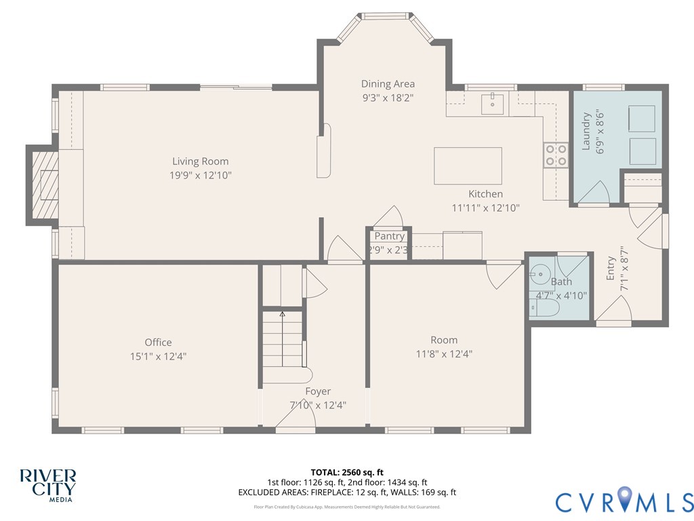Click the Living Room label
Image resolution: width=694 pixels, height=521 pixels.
(200, 161)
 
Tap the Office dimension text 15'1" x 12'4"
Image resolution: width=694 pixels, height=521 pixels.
(158, 355)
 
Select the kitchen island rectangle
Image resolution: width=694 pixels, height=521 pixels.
(468, 166)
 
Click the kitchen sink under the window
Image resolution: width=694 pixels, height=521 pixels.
(493, 104)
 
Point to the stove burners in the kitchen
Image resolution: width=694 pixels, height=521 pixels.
(556, 155)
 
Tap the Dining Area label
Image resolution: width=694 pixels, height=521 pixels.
(388, 84)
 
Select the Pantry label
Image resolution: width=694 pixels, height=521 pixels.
(390, 236)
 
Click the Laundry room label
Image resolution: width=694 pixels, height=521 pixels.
(587, 130)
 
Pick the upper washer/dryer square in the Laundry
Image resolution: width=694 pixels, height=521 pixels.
(642, 118)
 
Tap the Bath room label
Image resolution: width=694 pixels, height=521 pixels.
(561, 282)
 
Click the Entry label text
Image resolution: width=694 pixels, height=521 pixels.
(611, 269)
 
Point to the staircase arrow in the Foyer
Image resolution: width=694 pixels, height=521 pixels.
(283, 315)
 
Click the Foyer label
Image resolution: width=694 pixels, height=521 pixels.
(318, 391)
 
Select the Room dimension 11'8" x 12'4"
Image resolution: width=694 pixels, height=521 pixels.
(444, 353)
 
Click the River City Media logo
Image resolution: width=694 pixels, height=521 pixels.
(47, 484)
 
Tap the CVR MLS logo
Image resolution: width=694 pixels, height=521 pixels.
(624, 501)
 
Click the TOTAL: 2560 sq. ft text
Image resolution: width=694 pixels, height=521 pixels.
(347, 472)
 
